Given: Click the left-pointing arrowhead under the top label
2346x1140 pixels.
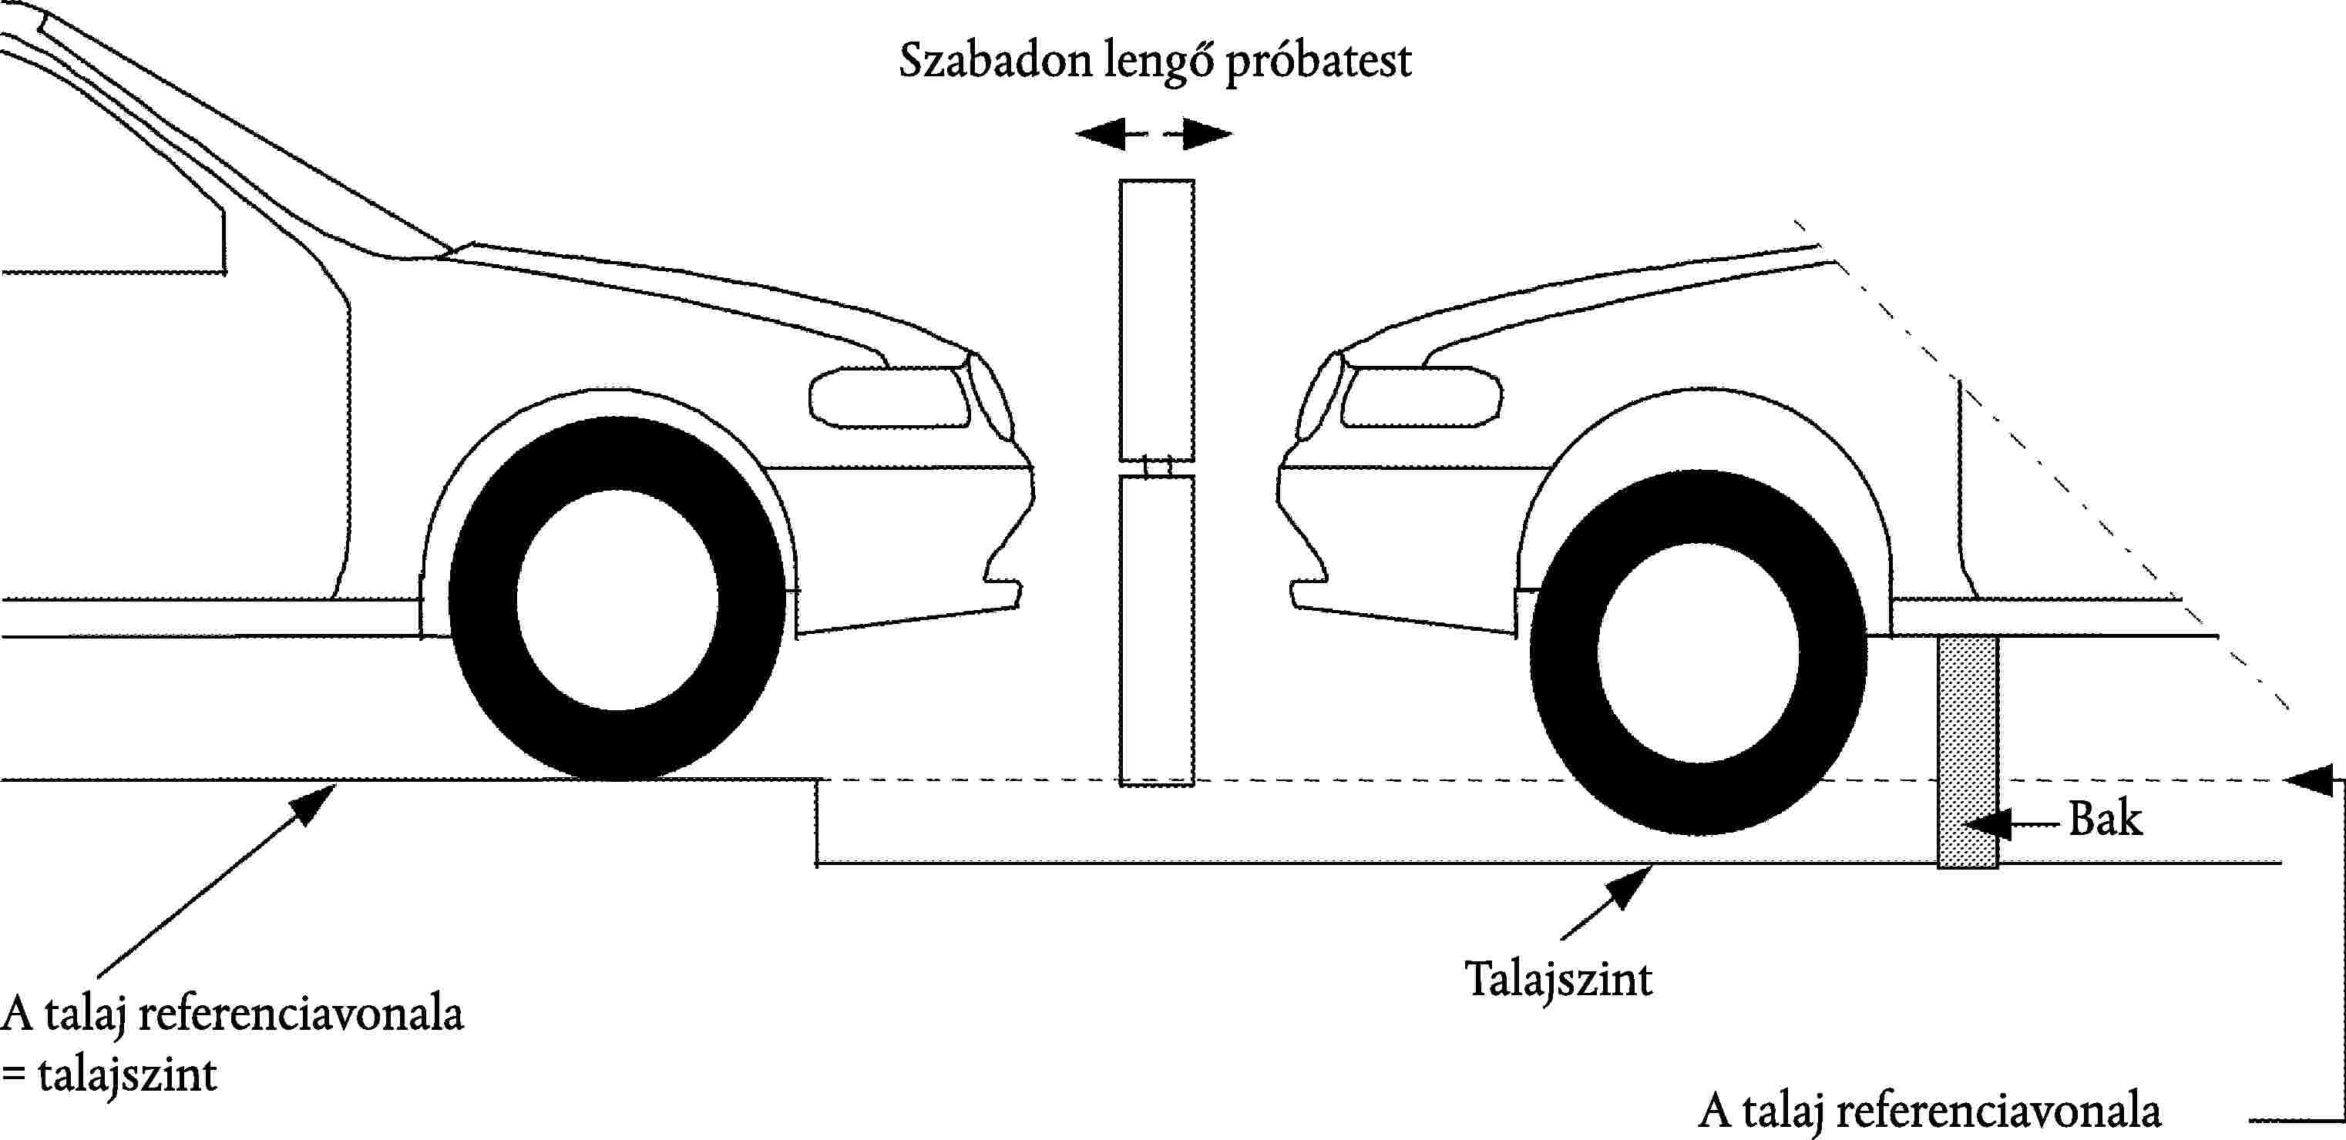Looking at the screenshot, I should click(1097, 135).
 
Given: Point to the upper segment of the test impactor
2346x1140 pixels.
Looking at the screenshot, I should click(1157, 319).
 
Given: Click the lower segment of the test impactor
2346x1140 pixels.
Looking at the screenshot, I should click(1157, 629).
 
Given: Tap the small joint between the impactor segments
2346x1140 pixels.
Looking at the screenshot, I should click(1157, 468).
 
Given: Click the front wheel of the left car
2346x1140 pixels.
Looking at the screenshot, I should click(617, 598).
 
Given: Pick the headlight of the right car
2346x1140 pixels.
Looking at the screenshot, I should click(1420, 397).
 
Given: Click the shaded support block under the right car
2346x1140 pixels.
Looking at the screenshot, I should click(1967, 751).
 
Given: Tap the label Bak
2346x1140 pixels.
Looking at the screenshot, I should click(2105, 820).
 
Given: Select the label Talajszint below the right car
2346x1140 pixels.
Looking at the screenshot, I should click(1558, 979).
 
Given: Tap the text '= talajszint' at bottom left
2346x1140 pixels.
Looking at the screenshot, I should click(109, 1076).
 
